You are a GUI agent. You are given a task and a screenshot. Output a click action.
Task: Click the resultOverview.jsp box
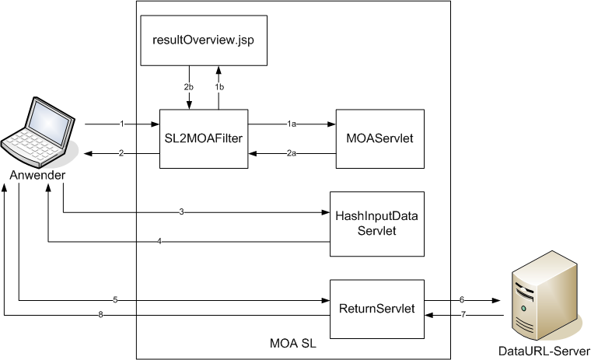pos(203,40)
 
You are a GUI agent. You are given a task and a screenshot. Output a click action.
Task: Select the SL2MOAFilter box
pos(203,138)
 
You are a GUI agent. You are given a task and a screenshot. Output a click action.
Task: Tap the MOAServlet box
pos(379,138)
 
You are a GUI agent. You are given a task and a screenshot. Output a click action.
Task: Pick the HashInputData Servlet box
pos(377,223)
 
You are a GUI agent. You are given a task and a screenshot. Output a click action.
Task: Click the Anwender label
pos(37,176)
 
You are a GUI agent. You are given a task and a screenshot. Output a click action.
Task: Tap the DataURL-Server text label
pos(544,350)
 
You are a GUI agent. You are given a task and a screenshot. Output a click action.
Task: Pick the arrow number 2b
pos(188,87)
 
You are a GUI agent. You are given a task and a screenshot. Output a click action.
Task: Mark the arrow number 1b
pos(219,87)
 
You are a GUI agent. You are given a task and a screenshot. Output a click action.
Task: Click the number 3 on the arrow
pos(181,211)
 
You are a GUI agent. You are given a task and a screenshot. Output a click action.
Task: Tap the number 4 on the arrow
pos(159,242)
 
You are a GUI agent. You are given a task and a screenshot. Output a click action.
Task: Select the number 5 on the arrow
pos(115,299)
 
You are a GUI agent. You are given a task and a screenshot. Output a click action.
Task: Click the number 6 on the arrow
pos(461,299)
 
